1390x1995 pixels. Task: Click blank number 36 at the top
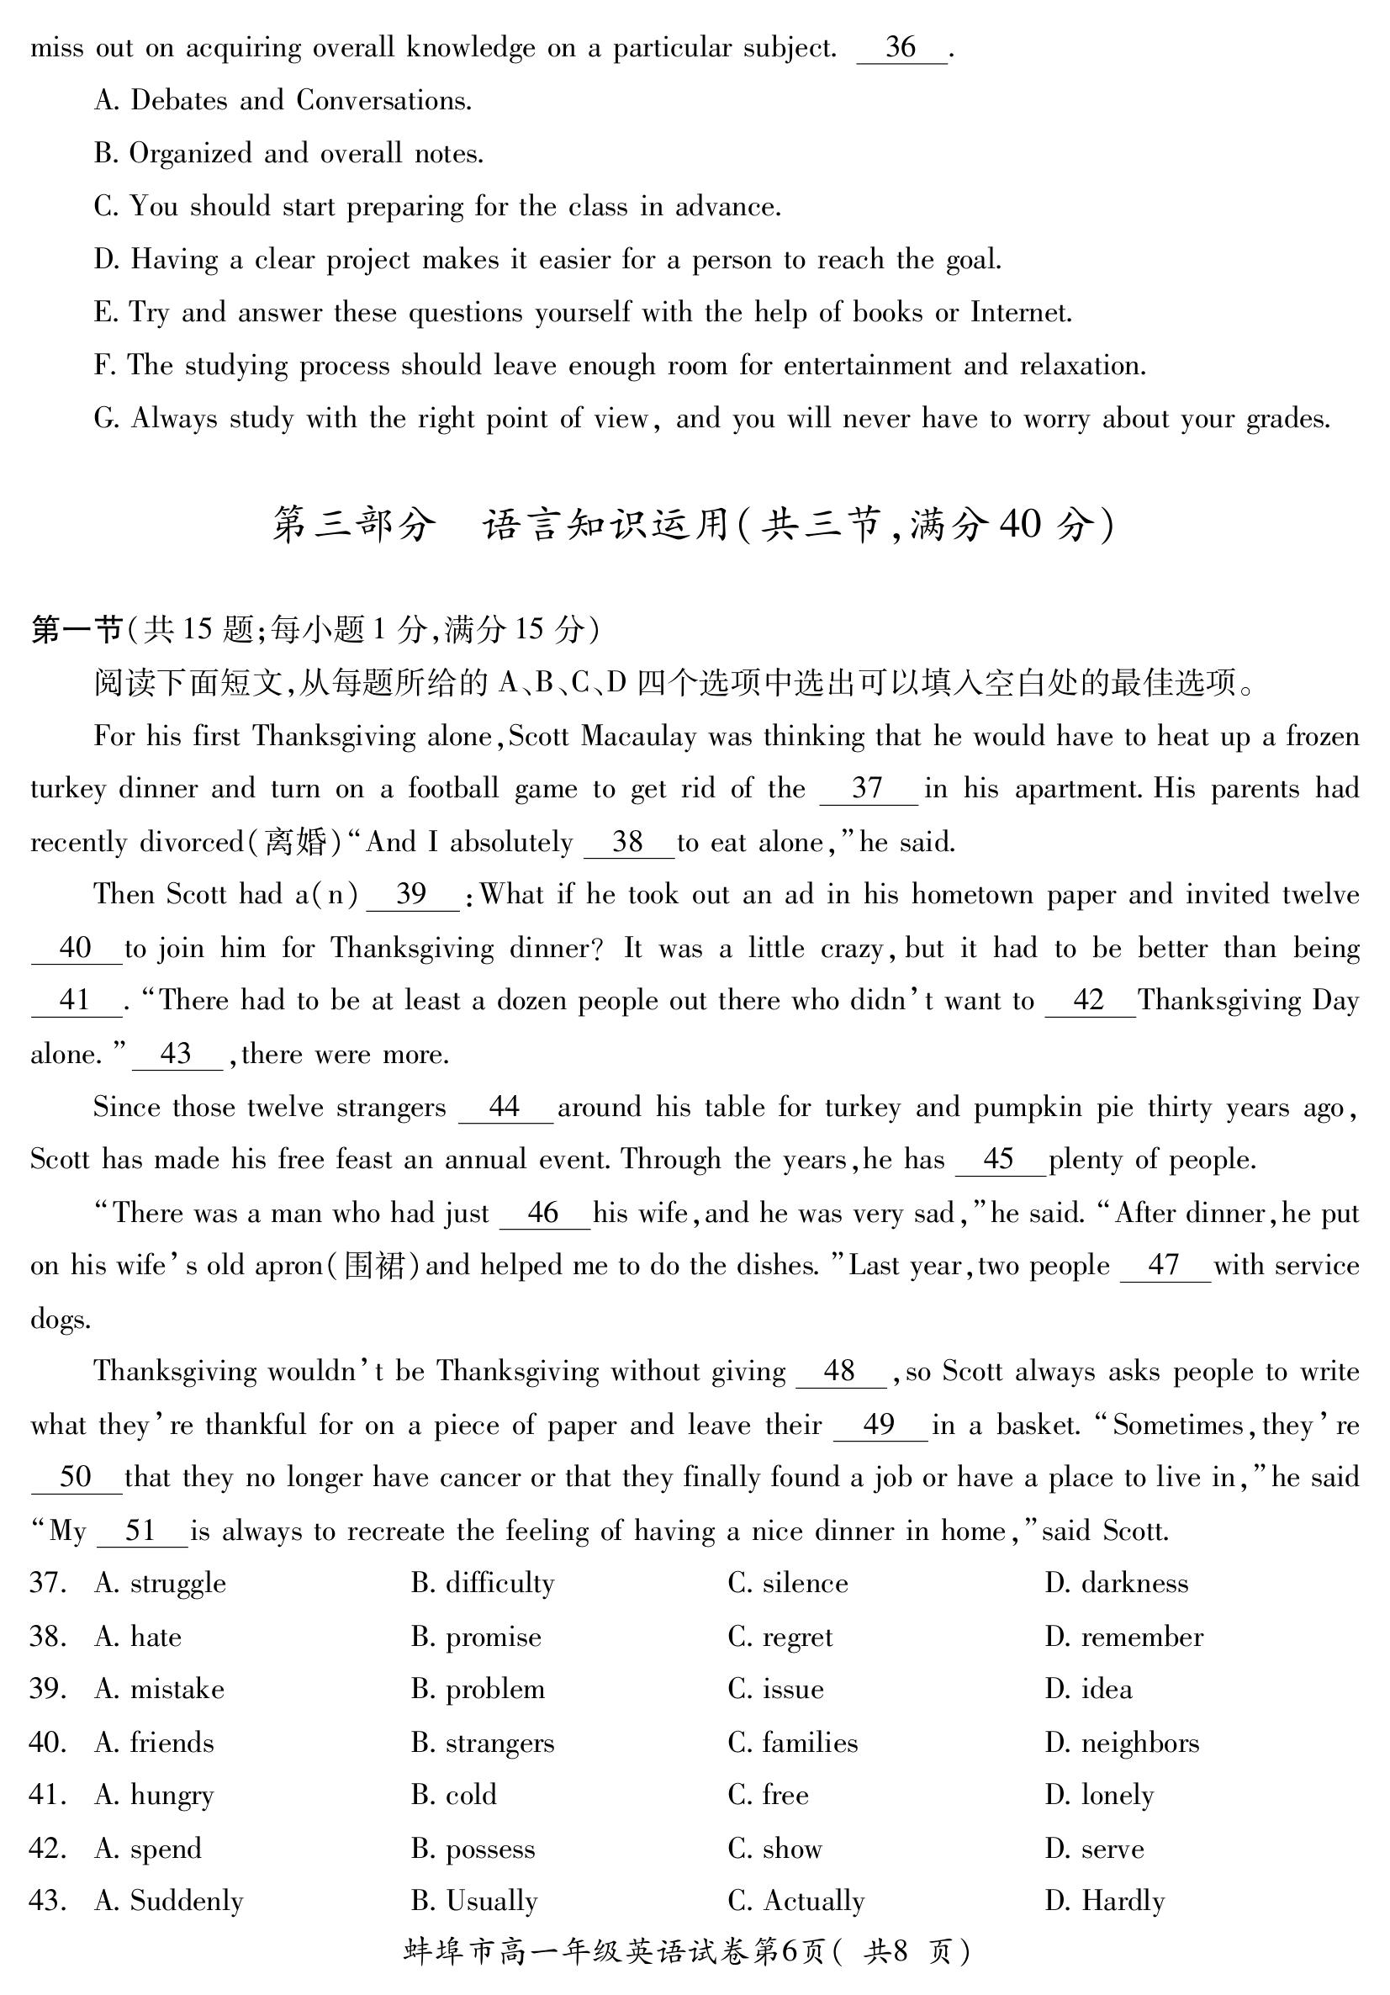coord(901,48)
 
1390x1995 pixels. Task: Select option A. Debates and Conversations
coord(283,101)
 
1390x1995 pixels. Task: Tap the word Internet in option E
coord(1020,312)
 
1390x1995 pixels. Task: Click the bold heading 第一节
coord(77,629)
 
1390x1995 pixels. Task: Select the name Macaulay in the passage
coord(638,737)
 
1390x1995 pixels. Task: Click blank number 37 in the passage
coord(868,789)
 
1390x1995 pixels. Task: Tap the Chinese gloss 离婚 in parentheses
coord(295,842)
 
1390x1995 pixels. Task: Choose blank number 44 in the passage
coord(505,1107)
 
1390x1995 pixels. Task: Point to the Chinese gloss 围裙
coord(374,1266)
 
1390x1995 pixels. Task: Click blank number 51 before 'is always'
coord(140,1531)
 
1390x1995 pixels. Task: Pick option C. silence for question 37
coord(788,1583)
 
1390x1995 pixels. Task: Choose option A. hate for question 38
coord(138,1637)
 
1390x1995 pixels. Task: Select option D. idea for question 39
coord(1089,1689)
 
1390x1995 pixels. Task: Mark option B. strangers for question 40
coord(482,1743)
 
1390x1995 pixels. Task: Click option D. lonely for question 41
coord(1099,1795)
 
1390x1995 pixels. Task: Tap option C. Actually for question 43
coord(795,1901)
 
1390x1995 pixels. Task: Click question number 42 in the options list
coord(48,1848)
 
